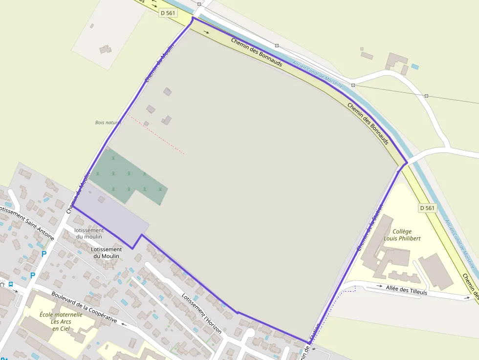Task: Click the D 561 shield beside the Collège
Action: pyautogui.click(x=427, y=208)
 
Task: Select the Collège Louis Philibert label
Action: pyautogui.click(x=402, y=235)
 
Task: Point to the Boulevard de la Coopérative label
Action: pyautogui.click(x=84, y=307)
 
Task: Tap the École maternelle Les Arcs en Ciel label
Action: pyautogui.click(x=61, y=321)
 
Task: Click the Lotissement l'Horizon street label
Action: pyautogui.click(x=201, y=313)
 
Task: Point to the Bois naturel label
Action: pyautogui.click(x=108, y=123)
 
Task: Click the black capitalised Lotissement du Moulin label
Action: pyautogui.click(x=107, y=253)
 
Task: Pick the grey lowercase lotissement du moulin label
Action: pyautogui.click(x=89, y=233)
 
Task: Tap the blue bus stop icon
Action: pyautogui.click(x=11, y=284)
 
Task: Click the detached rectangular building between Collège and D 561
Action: pyautogui.click(x=436, y=271)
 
